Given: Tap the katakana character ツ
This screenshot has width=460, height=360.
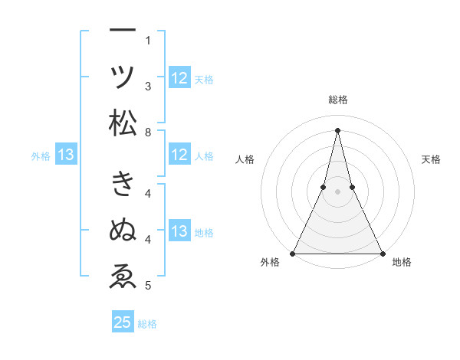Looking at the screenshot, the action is tap(123, 77).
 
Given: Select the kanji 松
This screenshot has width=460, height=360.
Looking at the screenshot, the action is tap(123, 123).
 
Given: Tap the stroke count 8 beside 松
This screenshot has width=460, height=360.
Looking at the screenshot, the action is tap(148, 133).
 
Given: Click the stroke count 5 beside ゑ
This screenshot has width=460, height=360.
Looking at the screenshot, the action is tap(148, 286).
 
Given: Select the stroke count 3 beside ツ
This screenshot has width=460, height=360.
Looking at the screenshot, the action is tap(148, 87).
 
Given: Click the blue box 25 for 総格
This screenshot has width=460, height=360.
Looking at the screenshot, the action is tap(123, 322).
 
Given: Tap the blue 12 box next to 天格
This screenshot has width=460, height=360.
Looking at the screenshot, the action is tap(179, 77).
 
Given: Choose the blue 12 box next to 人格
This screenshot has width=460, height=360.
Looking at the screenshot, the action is tap(179, 155).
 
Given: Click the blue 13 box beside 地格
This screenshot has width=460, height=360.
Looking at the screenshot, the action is tap(179, 231).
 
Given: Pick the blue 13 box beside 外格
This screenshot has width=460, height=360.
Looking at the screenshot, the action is tap(66, 155).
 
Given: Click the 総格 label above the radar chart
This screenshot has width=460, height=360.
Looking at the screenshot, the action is tap(338, 100).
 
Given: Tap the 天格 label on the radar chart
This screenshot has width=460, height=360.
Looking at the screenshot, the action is tap(432, 159).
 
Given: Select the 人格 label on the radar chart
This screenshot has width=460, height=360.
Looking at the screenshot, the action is tap(245, 159).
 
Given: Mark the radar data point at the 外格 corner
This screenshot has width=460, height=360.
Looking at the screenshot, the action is tap(293, 253).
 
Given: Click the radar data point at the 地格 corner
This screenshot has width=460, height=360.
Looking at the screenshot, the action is tap(382, 253).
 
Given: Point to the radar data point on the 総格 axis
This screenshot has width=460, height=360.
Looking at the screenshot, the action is tap(337, 129).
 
